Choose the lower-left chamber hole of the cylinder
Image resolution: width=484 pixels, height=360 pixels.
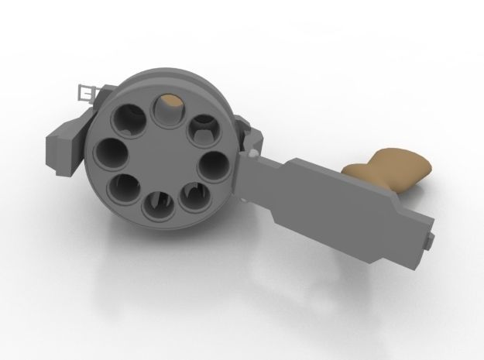(123, 187)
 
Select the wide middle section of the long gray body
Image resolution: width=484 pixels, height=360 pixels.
(333, 194)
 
